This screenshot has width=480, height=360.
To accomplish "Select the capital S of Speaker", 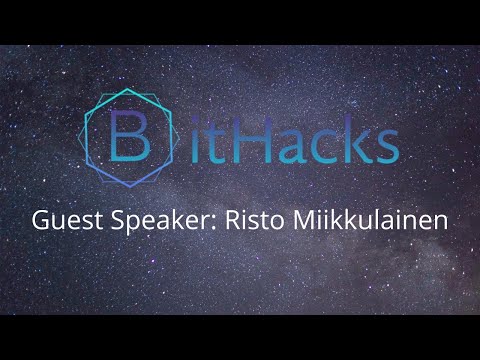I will coord(109,220).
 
